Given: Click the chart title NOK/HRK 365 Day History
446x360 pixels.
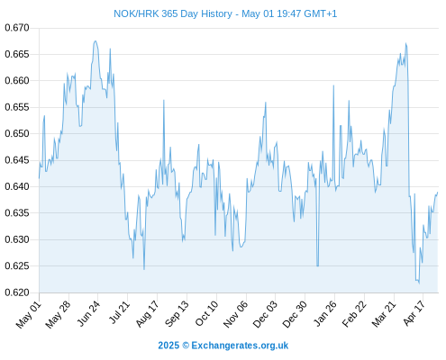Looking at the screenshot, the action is (173, 13).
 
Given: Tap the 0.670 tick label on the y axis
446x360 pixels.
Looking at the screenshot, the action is (17, 28).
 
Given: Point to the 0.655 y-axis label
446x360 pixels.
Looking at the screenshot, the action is (17, 107).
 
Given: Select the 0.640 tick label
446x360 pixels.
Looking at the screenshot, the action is (17, 186).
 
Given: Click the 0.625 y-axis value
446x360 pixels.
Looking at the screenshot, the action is (17, 265).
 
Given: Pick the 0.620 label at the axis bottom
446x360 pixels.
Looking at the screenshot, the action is (17, 292).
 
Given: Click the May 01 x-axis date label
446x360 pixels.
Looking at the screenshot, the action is (29, 314).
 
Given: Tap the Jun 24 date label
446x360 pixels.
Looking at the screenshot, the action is (88, 313).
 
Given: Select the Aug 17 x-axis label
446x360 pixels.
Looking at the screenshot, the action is (147, 314).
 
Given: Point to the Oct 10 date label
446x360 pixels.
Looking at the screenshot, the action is (206, 313).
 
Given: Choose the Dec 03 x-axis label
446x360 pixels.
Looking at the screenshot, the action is (265, 314).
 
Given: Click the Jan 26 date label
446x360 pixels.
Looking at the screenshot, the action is (324, 313).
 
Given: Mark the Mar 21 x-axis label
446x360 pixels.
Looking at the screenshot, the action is (384, 314).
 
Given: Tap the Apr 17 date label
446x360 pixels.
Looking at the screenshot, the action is (414, 313).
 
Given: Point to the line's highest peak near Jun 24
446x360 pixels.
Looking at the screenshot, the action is (96, 41).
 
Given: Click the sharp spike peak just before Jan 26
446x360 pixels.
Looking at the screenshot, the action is (333, 85).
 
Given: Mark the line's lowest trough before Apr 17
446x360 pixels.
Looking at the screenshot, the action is (419, 283).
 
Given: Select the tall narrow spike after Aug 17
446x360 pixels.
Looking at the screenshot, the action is (164, 101).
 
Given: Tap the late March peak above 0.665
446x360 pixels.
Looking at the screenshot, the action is (405, 43).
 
